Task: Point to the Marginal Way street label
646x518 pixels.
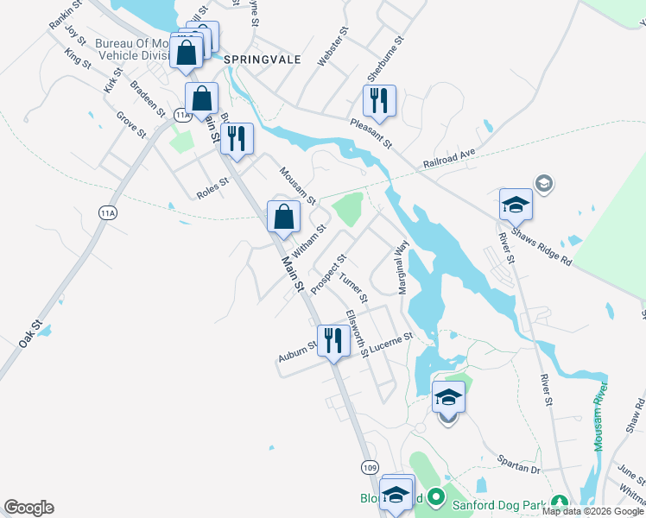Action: click(402, 268)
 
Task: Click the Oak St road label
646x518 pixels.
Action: click(30, 336)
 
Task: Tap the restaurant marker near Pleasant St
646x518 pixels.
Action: click(379, 102)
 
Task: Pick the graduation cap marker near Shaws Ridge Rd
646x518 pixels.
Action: click(516, 205)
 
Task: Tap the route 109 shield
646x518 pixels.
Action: click(370, 467)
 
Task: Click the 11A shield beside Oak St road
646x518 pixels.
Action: click(107, 213)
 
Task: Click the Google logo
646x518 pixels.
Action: click(28, 508)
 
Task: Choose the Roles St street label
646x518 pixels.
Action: click(212, 188)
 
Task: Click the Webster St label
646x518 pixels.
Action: click(333, 47)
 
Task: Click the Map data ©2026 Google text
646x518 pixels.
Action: click(592, 511)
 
